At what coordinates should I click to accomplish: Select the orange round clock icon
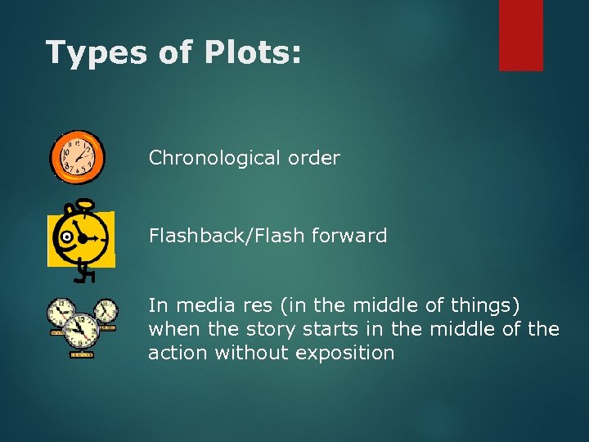pos(78,157)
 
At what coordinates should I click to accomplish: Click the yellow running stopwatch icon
pos(81,238)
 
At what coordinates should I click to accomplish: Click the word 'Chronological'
pos(212,158)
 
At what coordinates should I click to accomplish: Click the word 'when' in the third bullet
pos(170,329)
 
